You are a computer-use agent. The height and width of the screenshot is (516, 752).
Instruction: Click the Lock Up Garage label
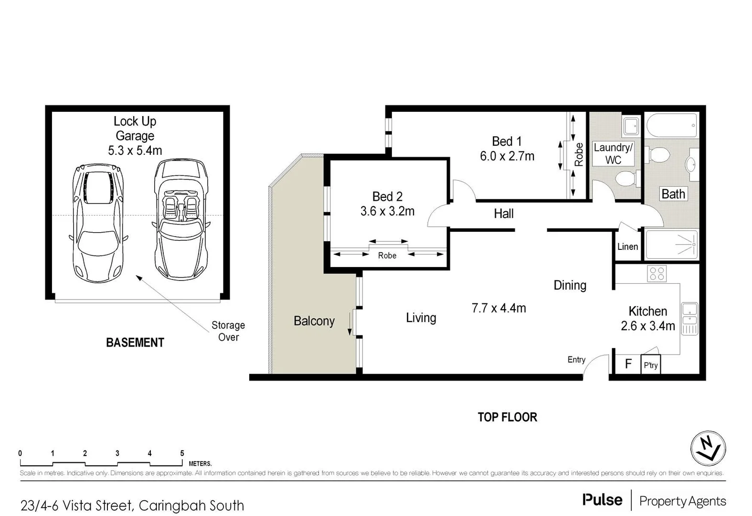[135, 129]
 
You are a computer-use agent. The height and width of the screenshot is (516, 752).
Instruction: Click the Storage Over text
[228, 331]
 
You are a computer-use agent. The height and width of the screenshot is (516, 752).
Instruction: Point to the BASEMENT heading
[135, 343]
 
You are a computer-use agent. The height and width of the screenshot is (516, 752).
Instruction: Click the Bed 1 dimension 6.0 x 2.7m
[507, 156]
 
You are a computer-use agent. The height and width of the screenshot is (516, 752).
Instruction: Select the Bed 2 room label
[387, 196]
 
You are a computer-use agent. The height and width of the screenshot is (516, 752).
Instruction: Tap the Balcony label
[314, 321]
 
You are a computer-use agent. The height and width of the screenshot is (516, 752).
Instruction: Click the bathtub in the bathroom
[672, 125]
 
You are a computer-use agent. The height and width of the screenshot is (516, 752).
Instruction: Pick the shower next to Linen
[671, 245]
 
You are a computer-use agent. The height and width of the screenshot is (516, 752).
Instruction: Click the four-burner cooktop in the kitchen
[657, 274]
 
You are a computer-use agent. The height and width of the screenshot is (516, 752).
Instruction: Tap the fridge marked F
[628, 364]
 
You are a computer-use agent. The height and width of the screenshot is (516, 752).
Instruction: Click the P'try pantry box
[651, 365]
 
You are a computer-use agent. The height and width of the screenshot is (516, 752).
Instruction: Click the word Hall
[503, 214]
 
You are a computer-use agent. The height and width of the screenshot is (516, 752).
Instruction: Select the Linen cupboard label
[627, 247]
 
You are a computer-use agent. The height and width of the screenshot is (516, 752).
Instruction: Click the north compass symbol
[708, 449]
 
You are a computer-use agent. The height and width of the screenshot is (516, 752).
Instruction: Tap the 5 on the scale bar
[182, 453]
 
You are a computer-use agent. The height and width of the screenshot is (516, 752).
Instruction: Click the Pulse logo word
[602, 500]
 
